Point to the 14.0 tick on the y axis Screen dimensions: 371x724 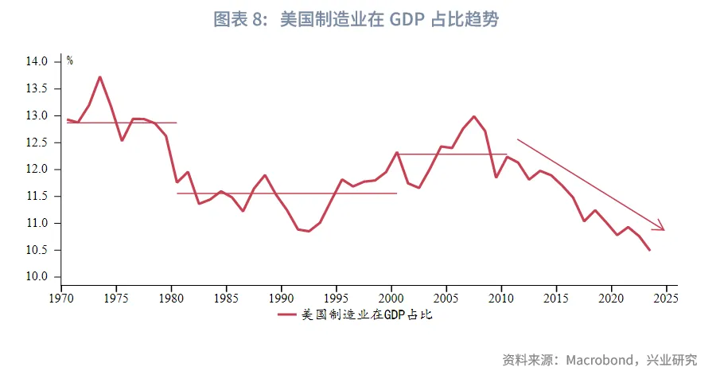(x=37, y=61)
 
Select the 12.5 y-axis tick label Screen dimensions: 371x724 (x=37, y=143)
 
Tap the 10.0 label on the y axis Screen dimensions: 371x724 (x=37, y=276)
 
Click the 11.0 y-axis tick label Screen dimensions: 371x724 (x=37, y=223)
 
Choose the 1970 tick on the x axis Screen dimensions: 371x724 (x=61, y=298)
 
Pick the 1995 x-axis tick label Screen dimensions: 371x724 (x=337, y=298)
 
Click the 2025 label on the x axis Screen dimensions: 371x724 (x=666, y=298)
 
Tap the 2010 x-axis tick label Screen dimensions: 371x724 (x=501, y=298)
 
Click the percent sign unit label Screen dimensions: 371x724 (x=70, y=61)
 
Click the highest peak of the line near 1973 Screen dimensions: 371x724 (x=99, y=77)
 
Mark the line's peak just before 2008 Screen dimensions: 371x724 (x=473, y=116)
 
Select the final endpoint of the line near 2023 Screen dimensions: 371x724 (x=650, y=250)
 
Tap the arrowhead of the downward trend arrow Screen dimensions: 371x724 (x=660, y=228)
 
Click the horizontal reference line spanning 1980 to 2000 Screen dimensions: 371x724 (x=286, y=193)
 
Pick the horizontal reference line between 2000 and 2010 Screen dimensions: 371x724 (x=451, y=154)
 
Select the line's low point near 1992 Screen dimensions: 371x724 (x=309, y=232)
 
